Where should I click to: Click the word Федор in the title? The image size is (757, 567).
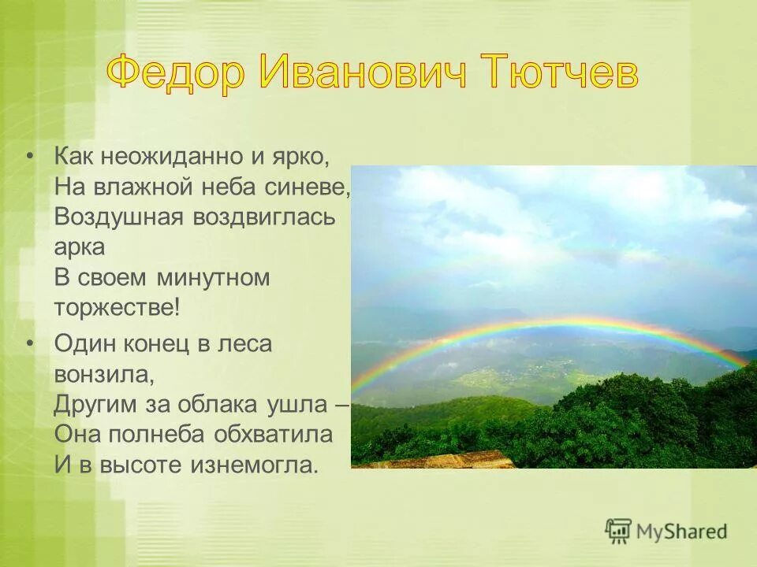175,74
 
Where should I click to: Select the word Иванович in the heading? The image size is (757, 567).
356,74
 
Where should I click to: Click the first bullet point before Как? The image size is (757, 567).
30,154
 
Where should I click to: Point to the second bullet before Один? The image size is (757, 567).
30,343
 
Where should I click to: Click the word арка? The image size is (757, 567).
80,246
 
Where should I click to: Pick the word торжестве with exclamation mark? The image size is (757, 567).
117,308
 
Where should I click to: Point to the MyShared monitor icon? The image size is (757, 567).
618,531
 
